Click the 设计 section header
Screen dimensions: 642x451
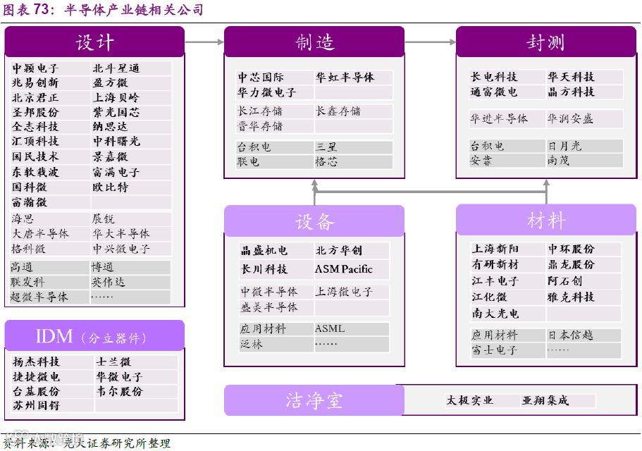click(94, 42)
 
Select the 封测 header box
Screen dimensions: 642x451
click(545, 42)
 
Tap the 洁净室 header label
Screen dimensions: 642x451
click(314, 400)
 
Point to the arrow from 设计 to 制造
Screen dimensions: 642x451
click(204, 42)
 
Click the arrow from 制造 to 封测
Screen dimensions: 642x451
click(430, 42)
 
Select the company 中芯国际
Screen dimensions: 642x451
click(261, 78)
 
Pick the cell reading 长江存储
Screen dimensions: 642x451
click(261, 111)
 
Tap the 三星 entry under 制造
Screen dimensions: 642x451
click(326, 147)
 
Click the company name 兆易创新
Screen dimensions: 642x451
click(35, 83)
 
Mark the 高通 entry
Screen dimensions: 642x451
click(22, 267)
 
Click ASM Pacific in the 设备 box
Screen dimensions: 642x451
click(343, 269)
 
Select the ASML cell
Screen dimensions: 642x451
click(330, 328)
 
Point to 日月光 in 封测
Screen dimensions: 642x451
click(564, 146)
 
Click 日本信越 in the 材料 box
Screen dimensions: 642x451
click(571, 335)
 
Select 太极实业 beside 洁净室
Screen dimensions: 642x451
click(469, 400)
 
